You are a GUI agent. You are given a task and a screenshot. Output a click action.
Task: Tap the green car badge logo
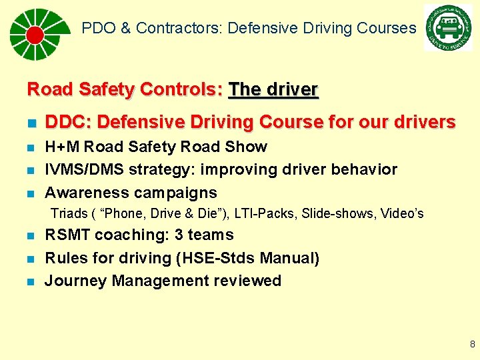pyautogui.click(x=447, y=28)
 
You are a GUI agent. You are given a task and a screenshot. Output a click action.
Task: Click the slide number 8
pyautogui.click(x=472, y=345)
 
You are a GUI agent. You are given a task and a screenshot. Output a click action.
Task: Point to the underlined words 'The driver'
pyautogui.click(x=273, y=89)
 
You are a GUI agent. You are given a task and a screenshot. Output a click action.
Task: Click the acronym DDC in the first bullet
pyautogui.click(x=63, y=123)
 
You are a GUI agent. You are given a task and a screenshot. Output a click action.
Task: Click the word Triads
pyautogui.click(x=69, y=214)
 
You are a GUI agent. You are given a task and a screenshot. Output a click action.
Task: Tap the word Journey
pyautogui.click(x=75, y=281)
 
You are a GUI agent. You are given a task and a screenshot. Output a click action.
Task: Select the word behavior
pyautogui.click(x=366, y=170)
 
